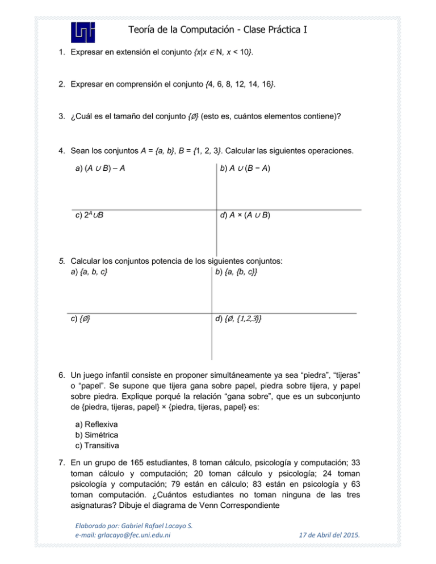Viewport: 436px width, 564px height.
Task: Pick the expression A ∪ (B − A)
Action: (248, 169)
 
